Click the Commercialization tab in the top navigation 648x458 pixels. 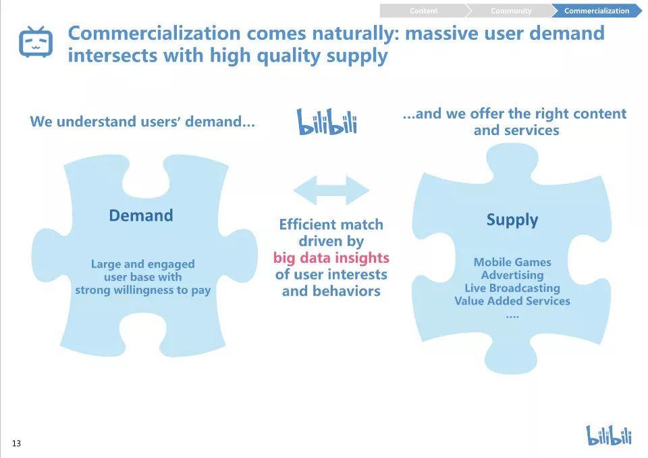tap(596, 11)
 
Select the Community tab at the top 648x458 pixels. tap(511, 11)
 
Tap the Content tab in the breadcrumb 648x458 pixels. tap(424, 11)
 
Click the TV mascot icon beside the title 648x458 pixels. tap(36, 41)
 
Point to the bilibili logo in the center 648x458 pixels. tap(327, 122)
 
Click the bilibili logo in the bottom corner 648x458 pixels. tap(609, 435)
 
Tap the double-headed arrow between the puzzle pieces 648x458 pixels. tap(331, 190)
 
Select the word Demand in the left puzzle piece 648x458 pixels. tap(141, 215)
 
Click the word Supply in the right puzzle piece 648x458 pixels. tap(512, 220)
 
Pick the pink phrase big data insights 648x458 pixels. tap(331, 258)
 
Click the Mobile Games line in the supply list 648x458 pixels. tap(512, 262)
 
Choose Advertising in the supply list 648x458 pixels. tap(512, 275)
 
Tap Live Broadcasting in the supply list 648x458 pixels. tap(512, 288)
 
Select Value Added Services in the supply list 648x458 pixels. tap(512, 301)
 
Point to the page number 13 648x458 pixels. tap(16, 444)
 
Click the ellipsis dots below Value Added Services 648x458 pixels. tap(512, 317)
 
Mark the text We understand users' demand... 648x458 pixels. tap(142, 122)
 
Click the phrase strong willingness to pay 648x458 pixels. tap(142, 290)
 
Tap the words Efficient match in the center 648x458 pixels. tap(331, 224)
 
